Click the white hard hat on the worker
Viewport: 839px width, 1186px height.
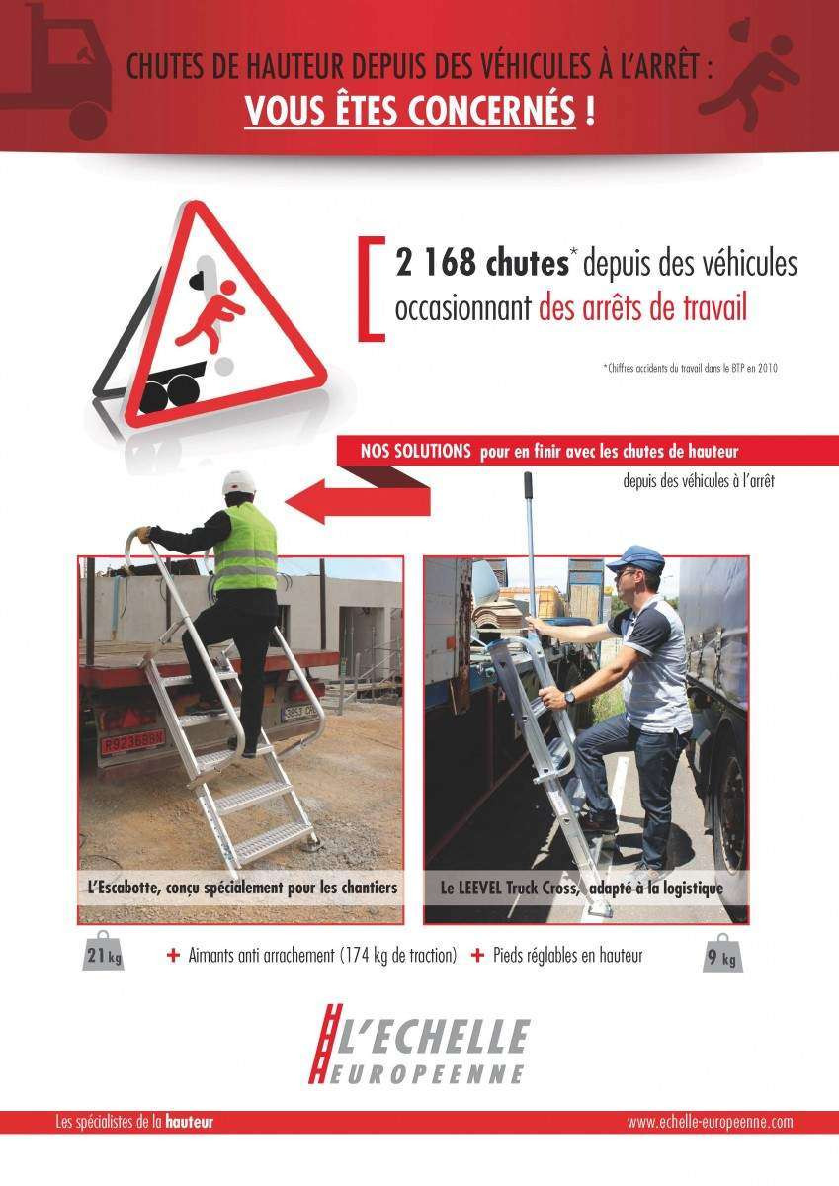238,483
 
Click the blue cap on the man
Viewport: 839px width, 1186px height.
633,560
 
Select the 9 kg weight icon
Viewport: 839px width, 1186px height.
722,955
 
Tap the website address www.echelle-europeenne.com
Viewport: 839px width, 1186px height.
710,1123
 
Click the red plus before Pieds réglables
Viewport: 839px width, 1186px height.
477,955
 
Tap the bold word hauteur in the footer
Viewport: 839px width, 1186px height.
189,1123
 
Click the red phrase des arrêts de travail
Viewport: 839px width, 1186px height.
642,308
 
